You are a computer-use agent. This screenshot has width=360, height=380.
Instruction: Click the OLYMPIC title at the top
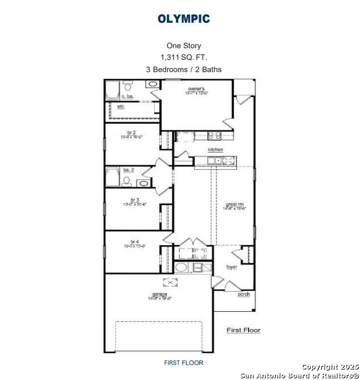click(184, 19)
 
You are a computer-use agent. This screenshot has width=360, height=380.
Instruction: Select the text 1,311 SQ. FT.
click(184, 58)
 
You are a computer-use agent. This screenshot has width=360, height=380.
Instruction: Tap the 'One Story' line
click(184, 46)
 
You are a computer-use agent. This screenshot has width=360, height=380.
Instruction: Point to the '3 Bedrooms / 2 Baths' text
click(184, 69)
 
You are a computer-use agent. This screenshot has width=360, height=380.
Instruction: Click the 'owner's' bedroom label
click(196, 89)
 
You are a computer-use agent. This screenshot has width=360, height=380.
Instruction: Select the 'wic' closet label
click(120, 107)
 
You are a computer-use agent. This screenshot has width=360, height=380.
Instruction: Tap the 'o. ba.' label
click(112, 97)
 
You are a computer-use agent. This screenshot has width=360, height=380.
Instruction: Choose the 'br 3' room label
click(134, 200)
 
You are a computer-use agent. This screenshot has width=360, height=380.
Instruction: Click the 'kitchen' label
click(215, 150)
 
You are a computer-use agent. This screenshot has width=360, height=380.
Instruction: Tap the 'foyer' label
click(231, 267)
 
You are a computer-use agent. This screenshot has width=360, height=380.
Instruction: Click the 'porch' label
click(244, 294)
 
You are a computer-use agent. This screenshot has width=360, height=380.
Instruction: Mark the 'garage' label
click(160, 294)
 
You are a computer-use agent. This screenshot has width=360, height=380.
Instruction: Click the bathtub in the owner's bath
click(113, 88)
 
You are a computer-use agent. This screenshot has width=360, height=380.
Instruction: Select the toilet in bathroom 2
click(126, 181)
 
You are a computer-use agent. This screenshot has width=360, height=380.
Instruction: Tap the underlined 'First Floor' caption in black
click(243, 330)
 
